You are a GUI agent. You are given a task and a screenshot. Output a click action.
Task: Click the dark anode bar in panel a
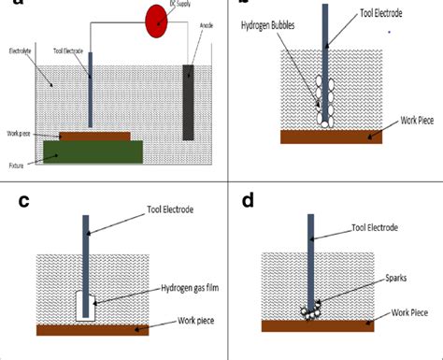click(190, 103)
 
